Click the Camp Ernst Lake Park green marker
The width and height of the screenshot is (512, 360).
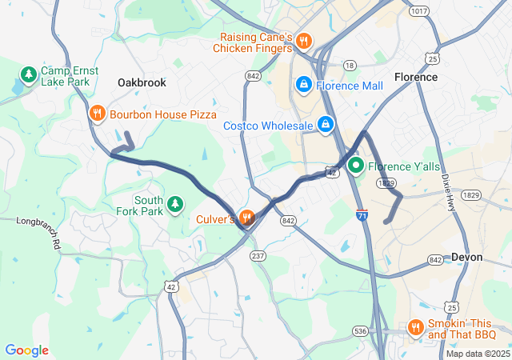click(x=29, y=76)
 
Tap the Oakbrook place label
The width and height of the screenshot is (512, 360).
click(x=142, y=82)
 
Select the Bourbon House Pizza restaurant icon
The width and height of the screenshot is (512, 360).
click(x=97, y=114)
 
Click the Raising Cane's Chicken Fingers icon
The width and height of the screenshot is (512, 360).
click(x=303, y=41)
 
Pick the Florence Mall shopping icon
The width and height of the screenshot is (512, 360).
click(x=304, y=85)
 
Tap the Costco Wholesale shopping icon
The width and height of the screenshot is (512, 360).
click(x=326, y=125)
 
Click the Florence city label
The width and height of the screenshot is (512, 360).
click(x=416, y=77)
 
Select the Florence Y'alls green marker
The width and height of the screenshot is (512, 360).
click(x=354, y=166)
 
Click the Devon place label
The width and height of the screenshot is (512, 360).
click(x=466, y=257)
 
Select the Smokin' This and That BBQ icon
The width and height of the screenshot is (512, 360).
click(x=414, y=327)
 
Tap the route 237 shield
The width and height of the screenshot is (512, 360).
click(x=258, y=256)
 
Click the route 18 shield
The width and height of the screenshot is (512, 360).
click(x=349, y=65)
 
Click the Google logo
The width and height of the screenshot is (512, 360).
click(x=26, y=350)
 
